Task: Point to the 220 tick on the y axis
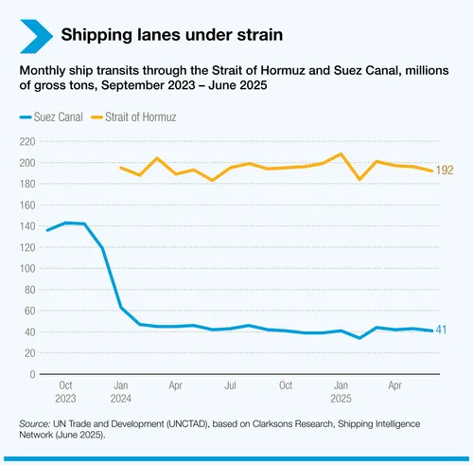tap(26, 141)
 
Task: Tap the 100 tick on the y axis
tap(26, 268)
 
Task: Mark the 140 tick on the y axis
tap(26, 226)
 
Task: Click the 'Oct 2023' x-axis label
tap(66, 392)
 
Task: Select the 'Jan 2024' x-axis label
tap(121, 392)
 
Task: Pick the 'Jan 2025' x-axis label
tap(341, 392)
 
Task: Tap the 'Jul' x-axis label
tap(231, 386)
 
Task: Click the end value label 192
tap(446, 171)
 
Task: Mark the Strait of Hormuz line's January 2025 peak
tap(341, 153)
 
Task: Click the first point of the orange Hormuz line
tap(121, 168)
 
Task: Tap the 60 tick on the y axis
tap(29, 311)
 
